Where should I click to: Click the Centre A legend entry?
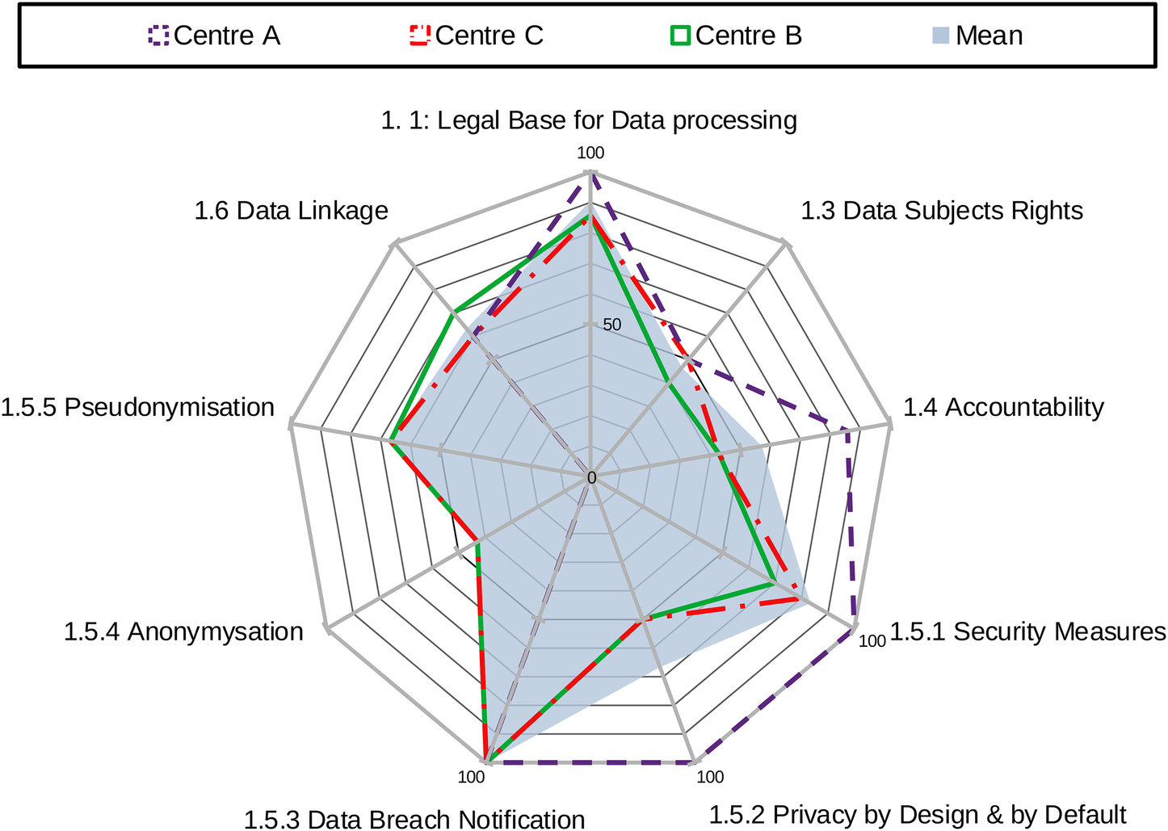(x=215, y=36)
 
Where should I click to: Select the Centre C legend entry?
(x=477, y=36)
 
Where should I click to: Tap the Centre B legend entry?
(x=737, y=36)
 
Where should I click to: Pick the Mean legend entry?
(x=978, y=36)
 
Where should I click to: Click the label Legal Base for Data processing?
(x=589, y=120)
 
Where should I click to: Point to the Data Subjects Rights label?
(x=941, y=211)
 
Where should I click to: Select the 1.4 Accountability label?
(x=1002, y=407)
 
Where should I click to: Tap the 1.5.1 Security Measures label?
(x=1027, y=632)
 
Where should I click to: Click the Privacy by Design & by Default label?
(x=917, y=815)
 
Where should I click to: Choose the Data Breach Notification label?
(x=414, y=819)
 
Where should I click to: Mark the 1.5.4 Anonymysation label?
(x=183, y=632)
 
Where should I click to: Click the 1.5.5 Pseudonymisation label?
(x=137, y=407)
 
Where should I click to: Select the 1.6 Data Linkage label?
(x=291, y=211)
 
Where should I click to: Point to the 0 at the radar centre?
(x=591, y=478)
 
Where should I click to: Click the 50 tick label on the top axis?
(x=611, y=325)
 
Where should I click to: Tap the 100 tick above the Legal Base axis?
(x=591, y=153)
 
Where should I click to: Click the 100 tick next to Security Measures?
(x=872, y=641)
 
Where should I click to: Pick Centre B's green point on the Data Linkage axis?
(x=456, y=311)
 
